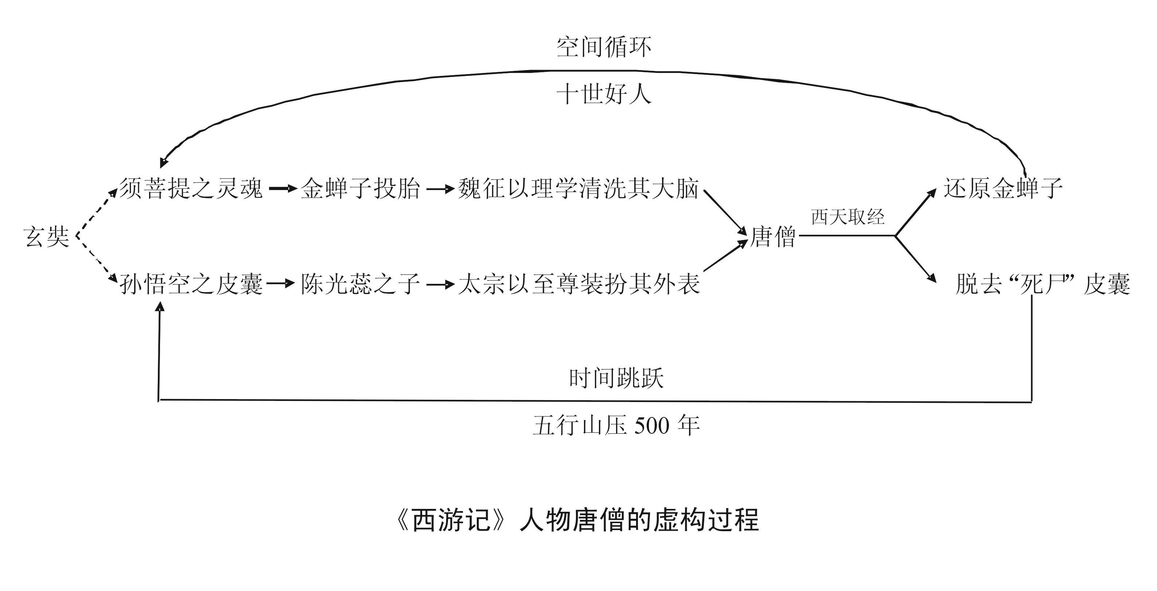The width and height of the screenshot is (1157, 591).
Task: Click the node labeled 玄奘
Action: coord(47,237)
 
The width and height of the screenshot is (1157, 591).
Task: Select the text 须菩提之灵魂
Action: coord(190,188)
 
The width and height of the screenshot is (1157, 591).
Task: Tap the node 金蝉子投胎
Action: coord(360,188)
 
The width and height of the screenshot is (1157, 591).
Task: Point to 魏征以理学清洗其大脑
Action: coord(578,188)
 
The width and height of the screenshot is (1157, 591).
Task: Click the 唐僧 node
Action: coord(772,237)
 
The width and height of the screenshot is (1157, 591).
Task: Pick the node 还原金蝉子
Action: coord(1002,188)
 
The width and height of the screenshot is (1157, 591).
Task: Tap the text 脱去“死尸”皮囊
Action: coord(1042,285)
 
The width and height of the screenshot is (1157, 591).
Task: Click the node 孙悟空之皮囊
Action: coord(190,285)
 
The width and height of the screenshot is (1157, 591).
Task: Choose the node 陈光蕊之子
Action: coord(360,285)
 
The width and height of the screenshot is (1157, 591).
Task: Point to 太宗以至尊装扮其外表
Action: coord(578,285)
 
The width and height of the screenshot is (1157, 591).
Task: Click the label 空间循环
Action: coord(604,47)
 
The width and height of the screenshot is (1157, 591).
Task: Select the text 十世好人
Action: coord(604,95)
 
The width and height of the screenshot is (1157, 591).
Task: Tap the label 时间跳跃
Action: coord(616,378)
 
